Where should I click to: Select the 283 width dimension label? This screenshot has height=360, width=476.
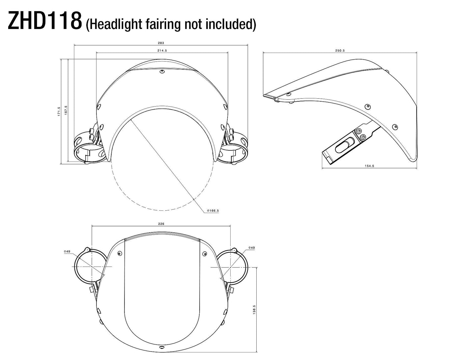[161, 43]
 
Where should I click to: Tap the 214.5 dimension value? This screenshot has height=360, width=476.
[162, 51]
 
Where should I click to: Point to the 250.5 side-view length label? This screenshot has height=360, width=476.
[340, 51]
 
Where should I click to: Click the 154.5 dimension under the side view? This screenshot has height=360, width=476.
[369, 166]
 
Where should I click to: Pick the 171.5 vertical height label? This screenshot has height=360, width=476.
[59, 111]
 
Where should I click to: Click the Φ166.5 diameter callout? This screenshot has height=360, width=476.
[213, 210]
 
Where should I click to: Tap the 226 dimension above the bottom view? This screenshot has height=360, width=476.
[161, 224]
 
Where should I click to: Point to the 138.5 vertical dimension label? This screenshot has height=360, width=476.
[254, 310]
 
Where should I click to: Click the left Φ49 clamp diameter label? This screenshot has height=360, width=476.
[67, 251]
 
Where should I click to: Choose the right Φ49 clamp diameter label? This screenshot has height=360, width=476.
[251, 247]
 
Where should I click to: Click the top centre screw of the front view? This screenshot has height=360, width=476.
[161, 71]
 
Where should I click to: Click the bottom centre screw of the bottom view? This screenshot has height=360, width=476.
[161, 347]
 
